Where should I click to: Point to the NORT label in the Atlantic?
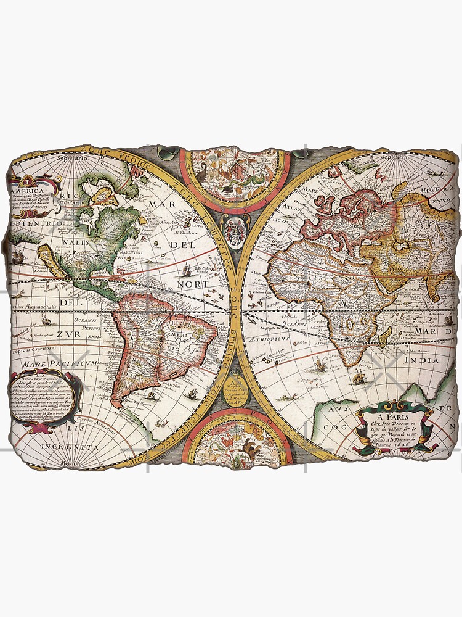point(193,284)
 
